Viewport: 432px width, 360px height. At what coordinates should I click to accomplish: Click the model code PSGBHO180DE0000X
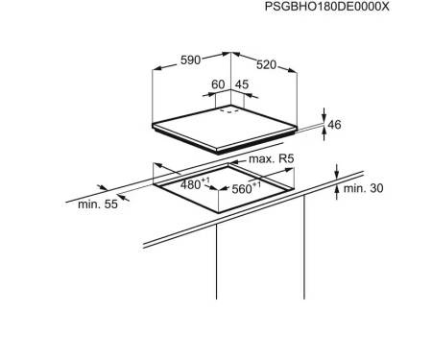[x=327, y=7]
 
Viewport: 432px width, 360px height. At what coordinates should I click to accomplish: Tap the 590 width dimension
[x=191, y=60]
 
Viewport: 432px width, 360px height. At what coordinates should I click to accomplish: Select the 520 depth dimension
[x=266, y=65]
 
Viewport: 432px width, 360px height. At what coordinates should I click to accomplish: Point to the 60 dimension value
[x=218, y=84]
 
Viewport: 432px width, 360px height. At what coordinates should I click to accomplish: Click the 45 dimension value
[x=242, y=84]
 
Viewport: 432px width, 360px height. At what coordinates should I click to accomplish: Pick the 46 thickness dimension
[x=334, y=124]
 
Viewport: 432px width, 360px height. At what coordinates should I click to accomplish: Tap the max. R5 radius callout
[x=272, y=158]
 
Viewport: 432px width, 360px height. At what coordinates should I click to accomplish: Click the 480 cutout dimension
[x=191, y=184]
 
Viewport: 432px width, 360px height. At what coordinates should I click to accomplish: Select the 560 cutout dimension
[x=242, y=189]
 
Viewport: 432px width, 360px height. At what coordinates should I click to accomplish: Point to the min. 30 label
[x=363, y=188]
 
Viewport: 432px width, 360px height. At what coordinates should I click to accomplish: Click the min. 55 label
[x=98, y=204]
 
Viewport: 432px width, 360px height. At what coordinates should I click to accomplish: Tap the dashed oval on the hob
[x=228, y=111]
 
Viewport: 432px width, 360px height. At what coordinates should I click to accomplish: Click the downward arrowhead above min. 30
[x=336, y=175]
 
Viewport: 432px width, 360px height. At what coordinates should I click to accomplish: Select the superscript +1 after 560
[x=256, y=184]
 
